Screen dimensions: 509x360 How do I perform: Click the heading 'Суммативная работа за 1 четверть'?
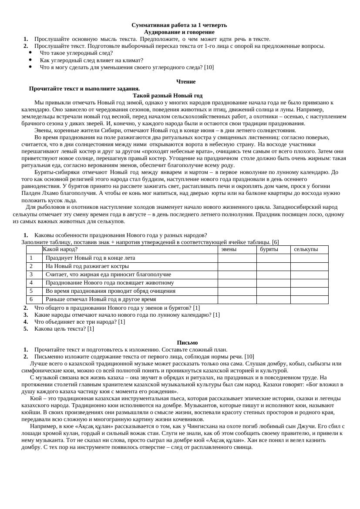click(x=179, y=25)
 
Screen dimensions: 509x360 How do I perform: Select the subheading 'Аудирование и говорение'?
click(x=179, y=32)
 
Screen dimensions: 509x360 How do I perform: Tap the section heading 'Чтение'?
click(x=186, y=82)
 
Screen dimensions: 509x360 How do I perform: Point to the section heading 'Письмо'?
click(x=188, y=343)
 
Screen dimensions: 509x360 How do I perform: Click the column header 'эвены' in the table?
click(x=229, y=250)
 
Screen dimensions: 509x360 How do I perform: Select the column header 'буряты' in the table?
click(x=269, y=250)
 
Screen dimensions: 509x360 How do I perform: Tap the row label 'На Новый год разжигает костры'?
click(x=87, y=266)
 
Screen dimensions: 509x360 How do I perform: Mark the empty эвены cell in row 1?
click(x=237, y=258)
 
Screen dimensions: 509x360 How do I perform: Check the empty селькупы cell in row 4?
click(x=309, y=283)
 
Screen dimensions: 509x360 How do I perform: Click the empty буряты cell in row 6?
click(x=273, y=299)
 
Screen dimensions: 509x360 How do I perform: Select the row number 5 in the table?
click(x=31, y=291)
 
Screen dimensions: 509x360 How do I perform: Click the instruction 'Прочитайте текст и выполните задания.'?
click(x=84, y=89)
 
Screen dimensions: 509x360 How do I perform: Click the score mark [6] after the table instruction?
click(x=275, y=242)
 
